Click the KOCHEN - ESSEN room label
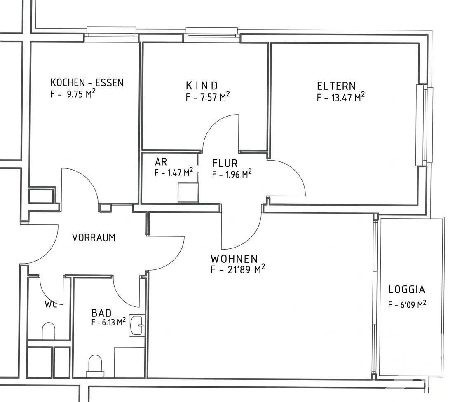[87, 83]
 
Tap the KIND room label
[202, 86]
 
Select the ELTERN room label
[336, 86]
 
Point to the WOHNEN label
[234, 258]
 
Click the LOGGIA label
[407, 289]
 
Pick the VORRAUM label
[94, 238]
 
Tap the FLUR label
[225, 163]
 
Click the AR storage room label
[161, 161]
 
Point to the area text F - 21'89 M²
[238, 269]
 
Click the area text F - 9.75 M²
[73, 94]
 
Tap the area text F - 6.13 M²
[108, 322]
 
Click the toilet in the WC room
[49, 331]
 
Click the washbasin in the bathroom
[137, 325]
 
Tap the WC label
[51, 304]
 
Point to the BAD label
[101, 313]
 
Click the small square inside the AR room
[188, 193]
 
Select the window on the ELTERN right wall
[425, 125]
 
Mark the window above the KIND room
[212, 32]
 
